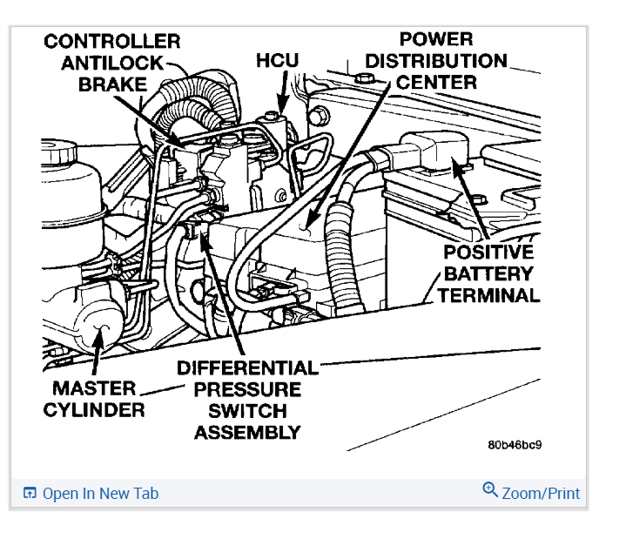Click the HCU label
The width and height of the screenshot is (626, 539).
[x=278, y=61]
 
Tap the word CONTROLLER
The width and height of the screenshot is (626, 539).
[x=112, y=41]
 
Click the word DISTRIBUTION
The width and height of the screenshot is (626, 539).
[x=436, y=61]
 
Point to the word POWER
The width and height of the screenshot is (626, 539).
[x=435, y=39]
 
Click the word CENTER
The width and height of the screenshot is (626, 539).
[x=435, y=83]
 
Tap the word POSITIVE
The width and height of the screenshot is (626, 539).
[x=488, y=253]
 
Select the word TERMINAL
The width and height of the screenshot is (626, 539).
[x=488, y=295]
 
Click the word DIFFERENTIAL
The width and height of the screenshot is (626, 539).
[x=248, y=367]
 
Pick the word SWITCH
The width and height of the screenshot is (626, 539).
[x=248, y=410]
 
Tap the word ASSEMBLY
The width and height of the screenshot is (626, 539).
[x=248, y=432]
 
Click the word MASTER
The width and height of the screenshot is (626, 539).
[x=93, y=388]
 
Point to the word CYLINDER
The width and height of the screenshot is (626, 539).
[x=93, y=410]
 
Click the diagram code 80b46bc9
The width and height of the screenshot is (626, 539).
[x=515, y=444]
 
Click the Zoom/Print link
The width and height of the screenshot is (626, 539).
[x=541, y=493]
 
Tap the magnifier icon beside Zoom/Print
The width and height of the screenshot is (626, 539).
[x=490, y=490]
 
